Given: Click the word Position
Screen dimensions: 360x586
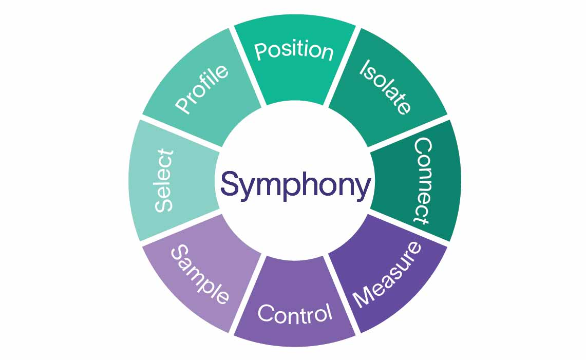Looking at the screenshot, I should pos(294,51).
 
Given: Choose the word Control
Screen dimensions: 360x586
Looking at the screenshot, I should pos(294,313).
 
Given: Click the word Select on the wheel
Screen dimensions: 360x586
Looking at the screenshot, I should pos(165,181).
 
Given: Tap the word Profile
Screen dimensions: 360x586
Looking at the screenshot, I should pos(201,88).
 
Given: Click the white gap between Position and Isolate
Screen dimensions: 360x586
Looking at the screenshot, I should pos(341,66).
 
